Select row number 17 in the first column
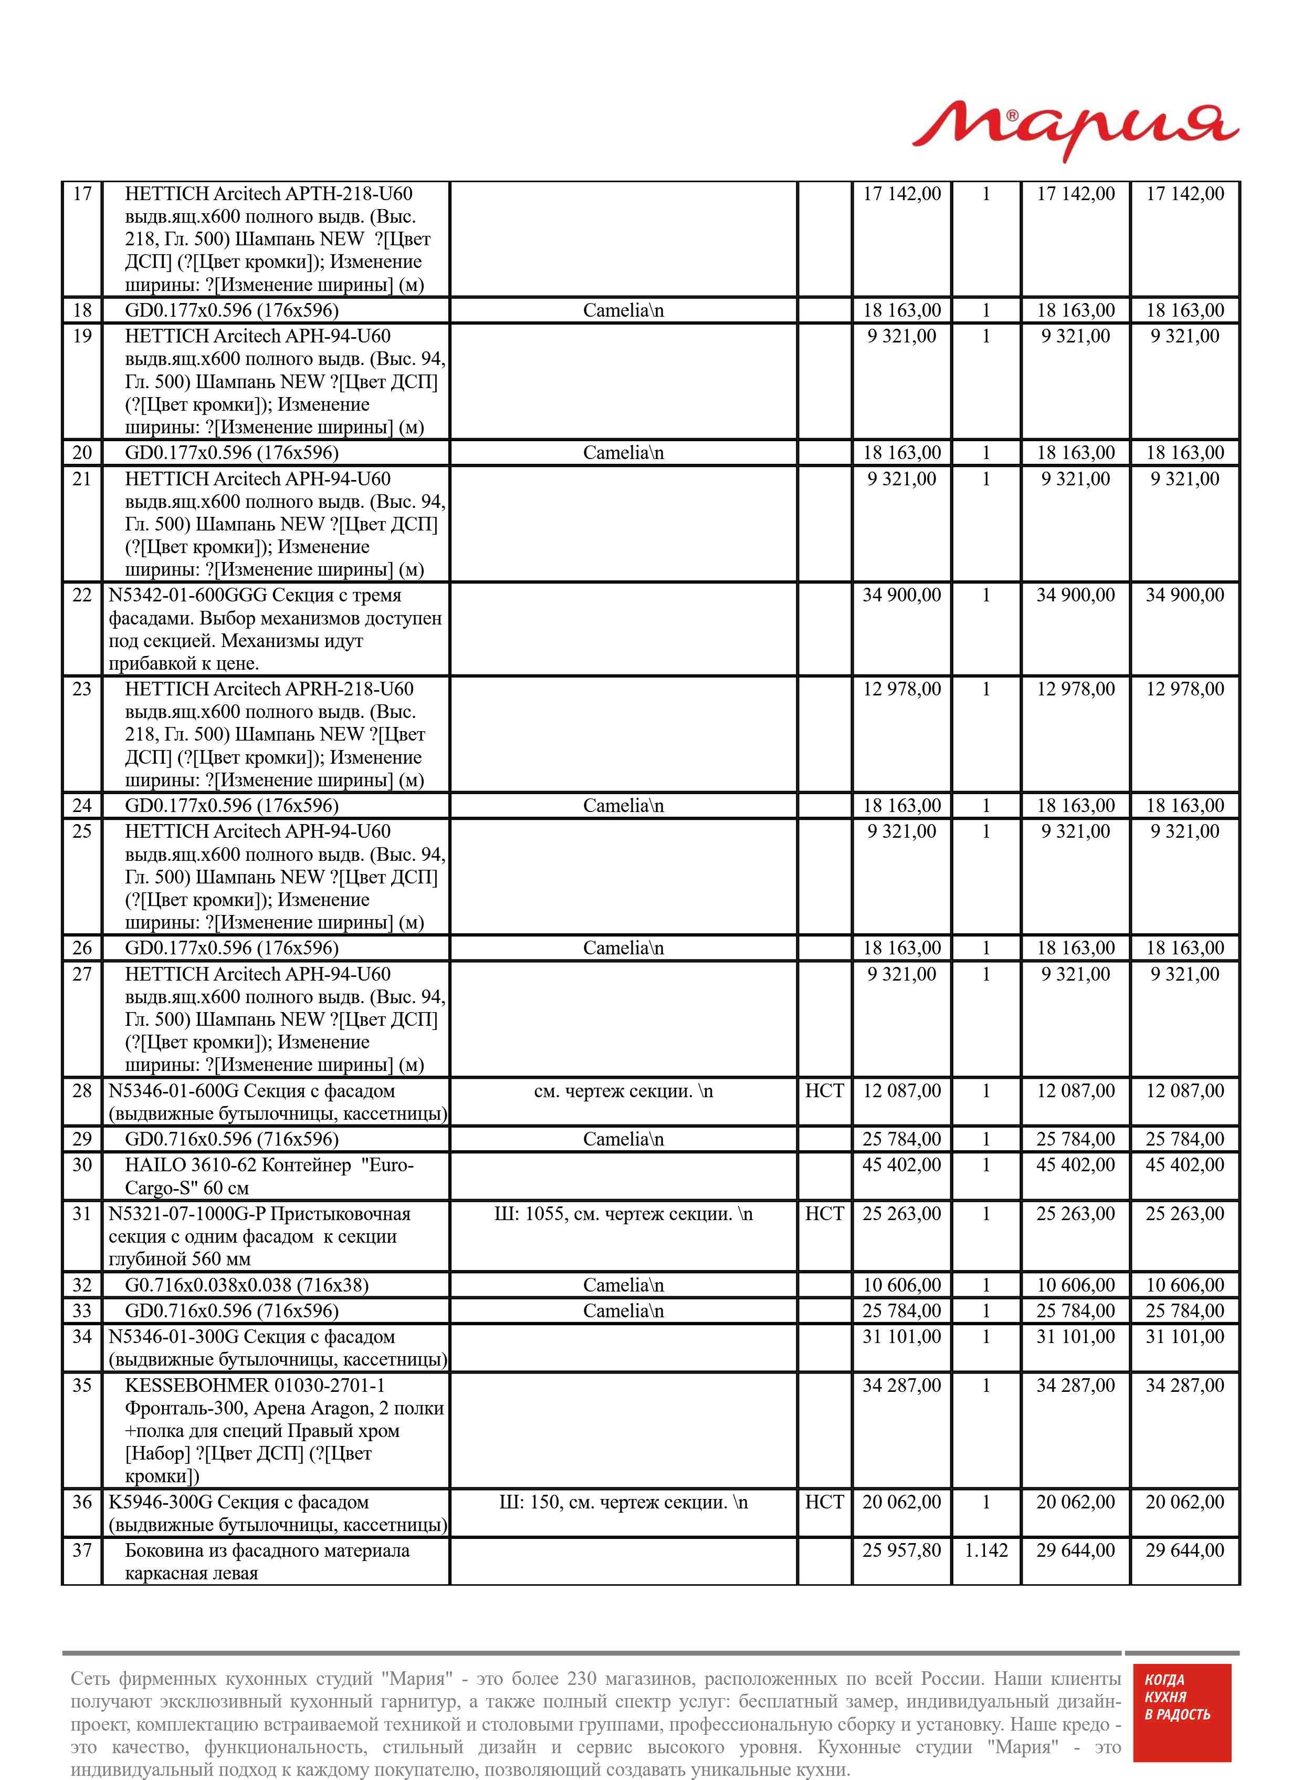(x=82, y=194)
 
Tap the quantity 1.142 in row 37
(x=986, y=1550)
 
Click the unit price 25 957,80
(x=901, y=1550)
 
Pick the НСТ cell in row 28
(x=824, y=1091)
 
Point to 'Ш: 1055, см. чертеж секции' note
(x=623, y=1214)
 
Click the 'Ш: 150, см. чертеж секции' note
(x=623, y=1502)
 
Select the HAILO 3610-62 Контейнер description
(x=268, y=1176)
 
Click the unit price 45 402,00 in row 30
(x=901, y=1164)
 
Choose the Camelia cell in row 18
(x=623, y=310)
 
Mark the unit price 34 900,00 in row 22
(x=901, y=595)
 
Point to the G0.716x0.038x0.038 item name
(x=246, y=1285)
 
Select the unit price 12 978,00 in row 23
(x=901, y=689)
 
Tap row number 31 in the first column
(x=82, y=1214)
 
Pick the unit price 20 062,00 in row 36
(x=901, y=1502)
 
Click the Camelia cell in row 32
(x=623, y=1285)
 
